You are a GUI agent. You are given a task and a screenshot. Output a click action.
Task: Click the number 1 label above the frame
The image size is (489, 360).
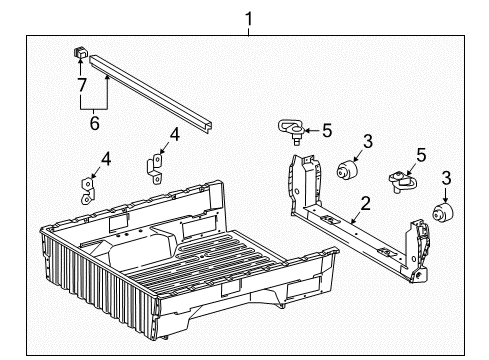coord(250,18)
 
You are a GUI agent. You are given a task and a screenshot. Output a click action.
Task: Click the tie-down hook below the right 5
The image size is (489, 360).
coord(404,178)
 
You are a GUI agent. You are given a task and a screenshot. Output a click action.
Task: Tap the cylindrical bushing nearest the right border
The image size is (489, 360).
coord(440,213)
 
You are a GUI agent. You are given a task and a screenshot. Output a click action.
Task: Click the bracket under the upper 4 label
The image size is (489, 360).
coord(156,166)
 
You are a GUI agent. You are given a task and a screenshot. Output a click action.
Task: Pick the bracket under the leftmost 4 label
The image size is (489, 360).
coord(87,189)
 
